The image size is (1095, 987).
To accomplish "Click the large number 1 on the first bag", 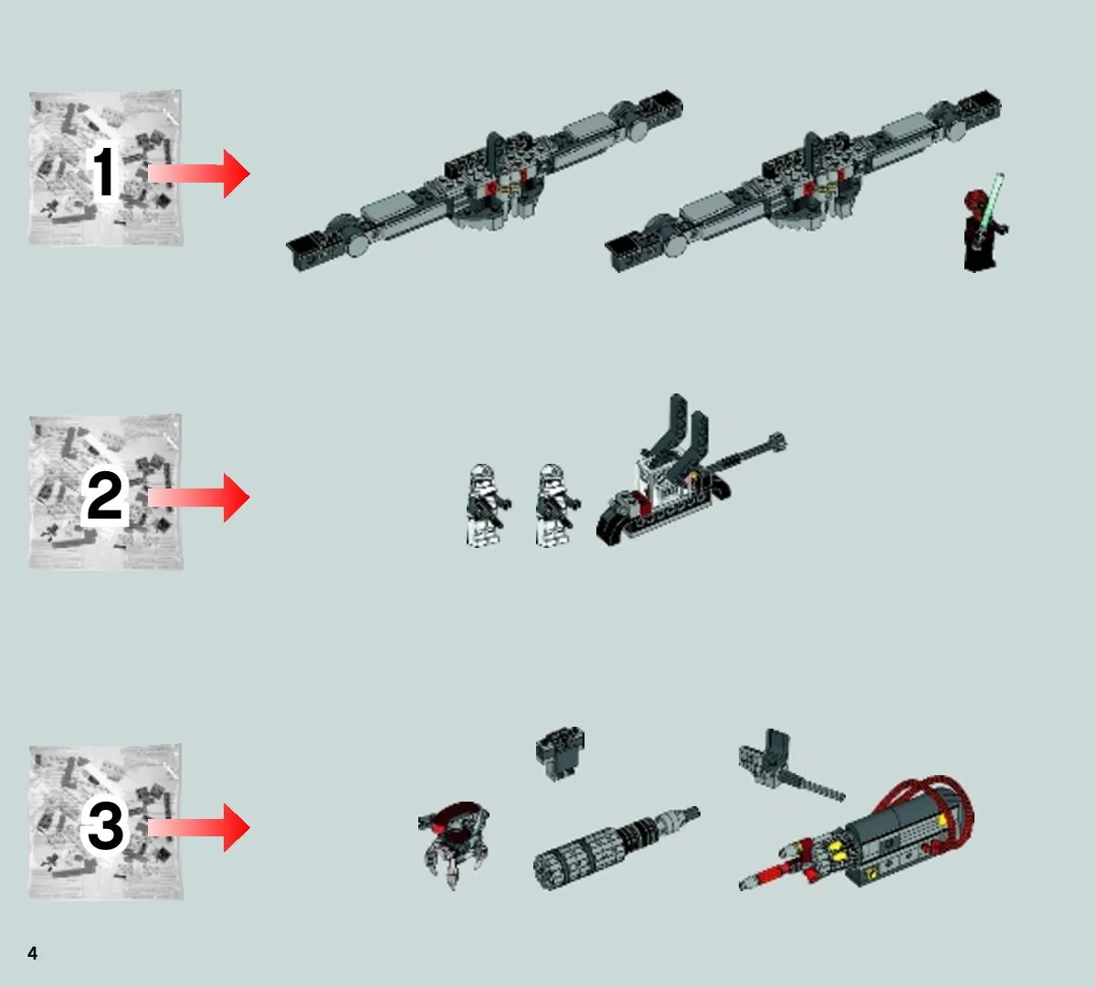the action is (104, 172).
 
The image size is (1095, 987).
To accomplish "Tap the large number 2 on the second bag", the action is (105, 496).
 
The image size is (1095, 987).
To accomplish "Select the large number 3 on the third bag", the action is (105, 825).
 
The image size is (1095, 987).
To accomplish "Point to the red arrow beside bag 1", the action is (199, 173).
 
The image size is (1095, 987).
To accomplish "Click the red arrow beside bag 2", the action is (199, 497).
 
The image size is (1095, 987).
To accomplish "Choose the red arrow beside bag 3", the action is (199, 827).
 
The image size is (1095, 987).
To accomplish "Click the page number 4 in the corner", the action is (32, 953).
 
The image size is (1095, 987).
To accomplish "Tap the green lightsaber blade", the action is (993, 202).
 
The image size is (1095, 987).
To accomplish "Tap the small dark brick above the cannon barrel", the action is (560, 753).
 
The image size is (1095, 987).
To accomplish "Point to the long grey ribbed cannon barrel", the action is (615, 848).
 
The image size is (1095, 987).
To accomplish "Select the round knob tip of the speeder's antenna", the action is (777, 442).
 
